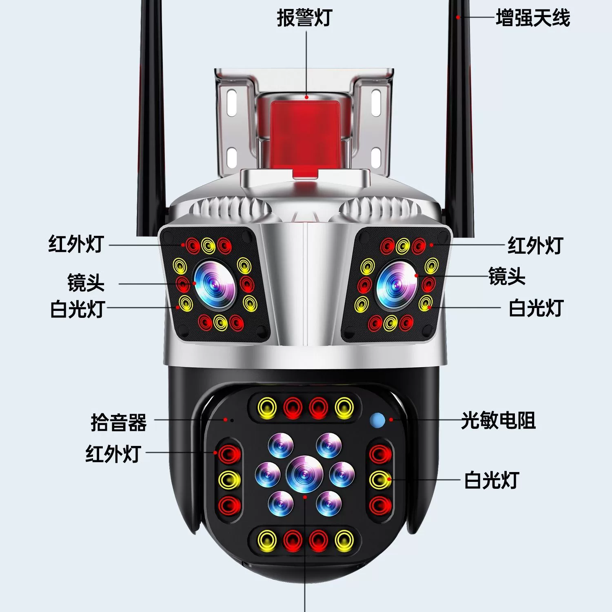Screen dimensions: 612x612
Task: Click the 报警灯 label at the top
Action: click(x=304, y=18)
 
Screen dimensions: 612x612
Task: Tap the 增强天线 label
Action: click(x=533, y=18)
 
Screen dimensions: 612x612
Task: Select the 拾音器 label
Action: click(x=118, y=422)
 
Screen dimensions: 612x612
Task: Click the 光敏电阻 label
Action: click(x=498, y=420)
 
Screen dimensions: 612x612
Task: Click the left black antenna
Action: click(x=151, y=118)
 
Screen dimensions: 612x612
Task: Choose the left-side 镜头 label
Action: click(x=86, y=283)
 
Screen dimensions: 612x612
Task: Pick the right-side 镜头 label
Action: click(x=507, y=276)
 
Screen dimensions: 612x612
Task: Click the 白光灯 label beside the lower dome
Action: click(x=492, y=480)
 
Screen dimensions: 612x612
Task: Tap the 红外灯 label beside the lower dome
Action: click(x=113, y=453)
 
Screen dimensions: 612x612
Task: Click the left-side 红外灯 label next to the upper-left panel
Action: click(x=76, y=244)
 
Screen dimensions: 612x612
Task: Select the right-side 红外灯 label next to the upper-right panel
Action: click(x=535, y=245)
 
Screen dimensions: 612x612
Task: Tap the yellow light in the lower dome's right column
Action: click(x=380, y=479)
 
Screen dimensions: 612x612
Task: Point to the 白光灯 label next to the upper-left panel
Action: click(x=78, y=309)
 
